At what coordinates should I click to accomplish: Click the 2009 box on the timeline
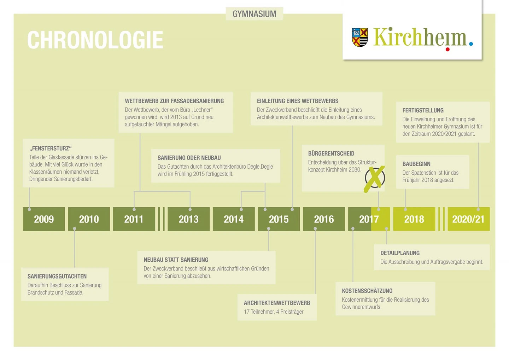click(x=44, y=219)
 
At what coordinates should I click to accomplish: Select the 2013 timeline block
click(x=189, y=219)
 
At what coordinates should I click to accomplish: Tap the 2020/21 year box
click(x=469, y=219)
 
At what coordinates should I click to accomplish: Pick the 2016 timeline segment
click(x=324, y=219)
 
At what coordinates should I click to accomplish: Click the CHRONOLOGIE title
click(x=95, y=40)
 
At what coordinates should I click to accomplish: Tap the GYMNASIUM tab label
click(x=255, y=14)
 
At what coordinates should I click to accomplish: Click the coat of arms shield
click(x=360, y=37)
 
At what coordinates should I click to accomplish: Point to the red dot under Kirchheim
click(x=447, y=49)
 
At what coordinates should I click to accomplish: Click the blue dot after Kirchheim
click(x=471, y=44)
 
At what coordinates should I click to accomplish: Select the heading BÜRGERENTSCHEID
click(x=331, y=153)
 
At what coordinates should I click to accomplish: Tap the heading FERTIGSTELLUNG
click(x=423, y=110)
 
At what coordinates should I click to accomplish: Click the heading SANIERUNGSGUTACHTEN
click(x=57, y=276)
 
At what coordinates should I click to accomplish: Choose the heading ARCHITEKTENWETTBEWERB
click(x=277, y=303)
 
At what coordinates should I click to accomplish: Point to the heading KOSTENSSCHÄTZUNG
click(x=367, y=291)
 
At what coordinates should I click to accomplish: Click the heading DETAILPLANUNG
click(x=400, y=253)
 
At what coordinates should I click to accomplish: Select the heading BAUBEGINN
click(x=416, y=164)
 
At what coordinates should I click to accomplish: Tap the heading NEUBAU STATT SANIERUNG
click(x=176, y=260)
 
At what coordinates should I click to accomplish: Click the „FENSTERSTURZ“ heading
click(x=51, y=149)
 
